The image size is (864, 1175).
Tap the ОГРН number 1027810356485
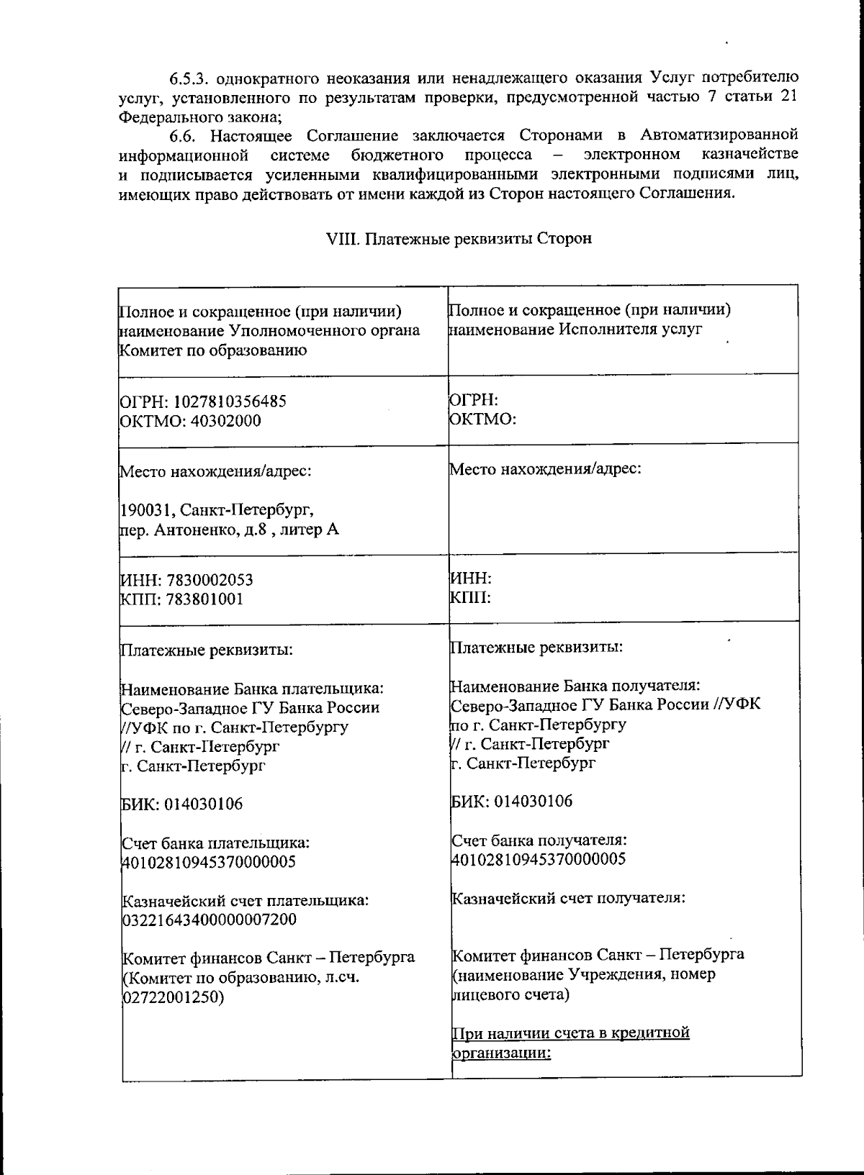click(x=230, y=401)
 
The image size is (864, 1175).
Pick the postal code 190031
click(x=147, y=510)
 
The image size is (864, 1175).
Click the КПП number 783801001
click(x=204, y=599)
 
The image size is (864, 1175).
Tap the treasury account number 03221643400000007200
click(x=209, y=920)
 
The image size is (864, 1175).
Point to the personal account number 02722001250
click(x=173, y=998)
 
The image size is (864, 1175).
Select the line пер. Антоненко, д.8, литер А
click(x=229, y=530)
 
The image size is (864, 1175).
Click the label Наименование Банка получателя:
click(x=575, y=685)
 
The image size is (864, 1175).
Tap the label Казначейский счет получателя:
click(x=568, y=898)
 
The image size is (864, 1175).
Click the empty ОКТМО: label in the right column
click(x=482, y=419)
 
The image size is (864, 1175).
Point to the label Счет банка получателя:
click(x=539, y=840)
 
